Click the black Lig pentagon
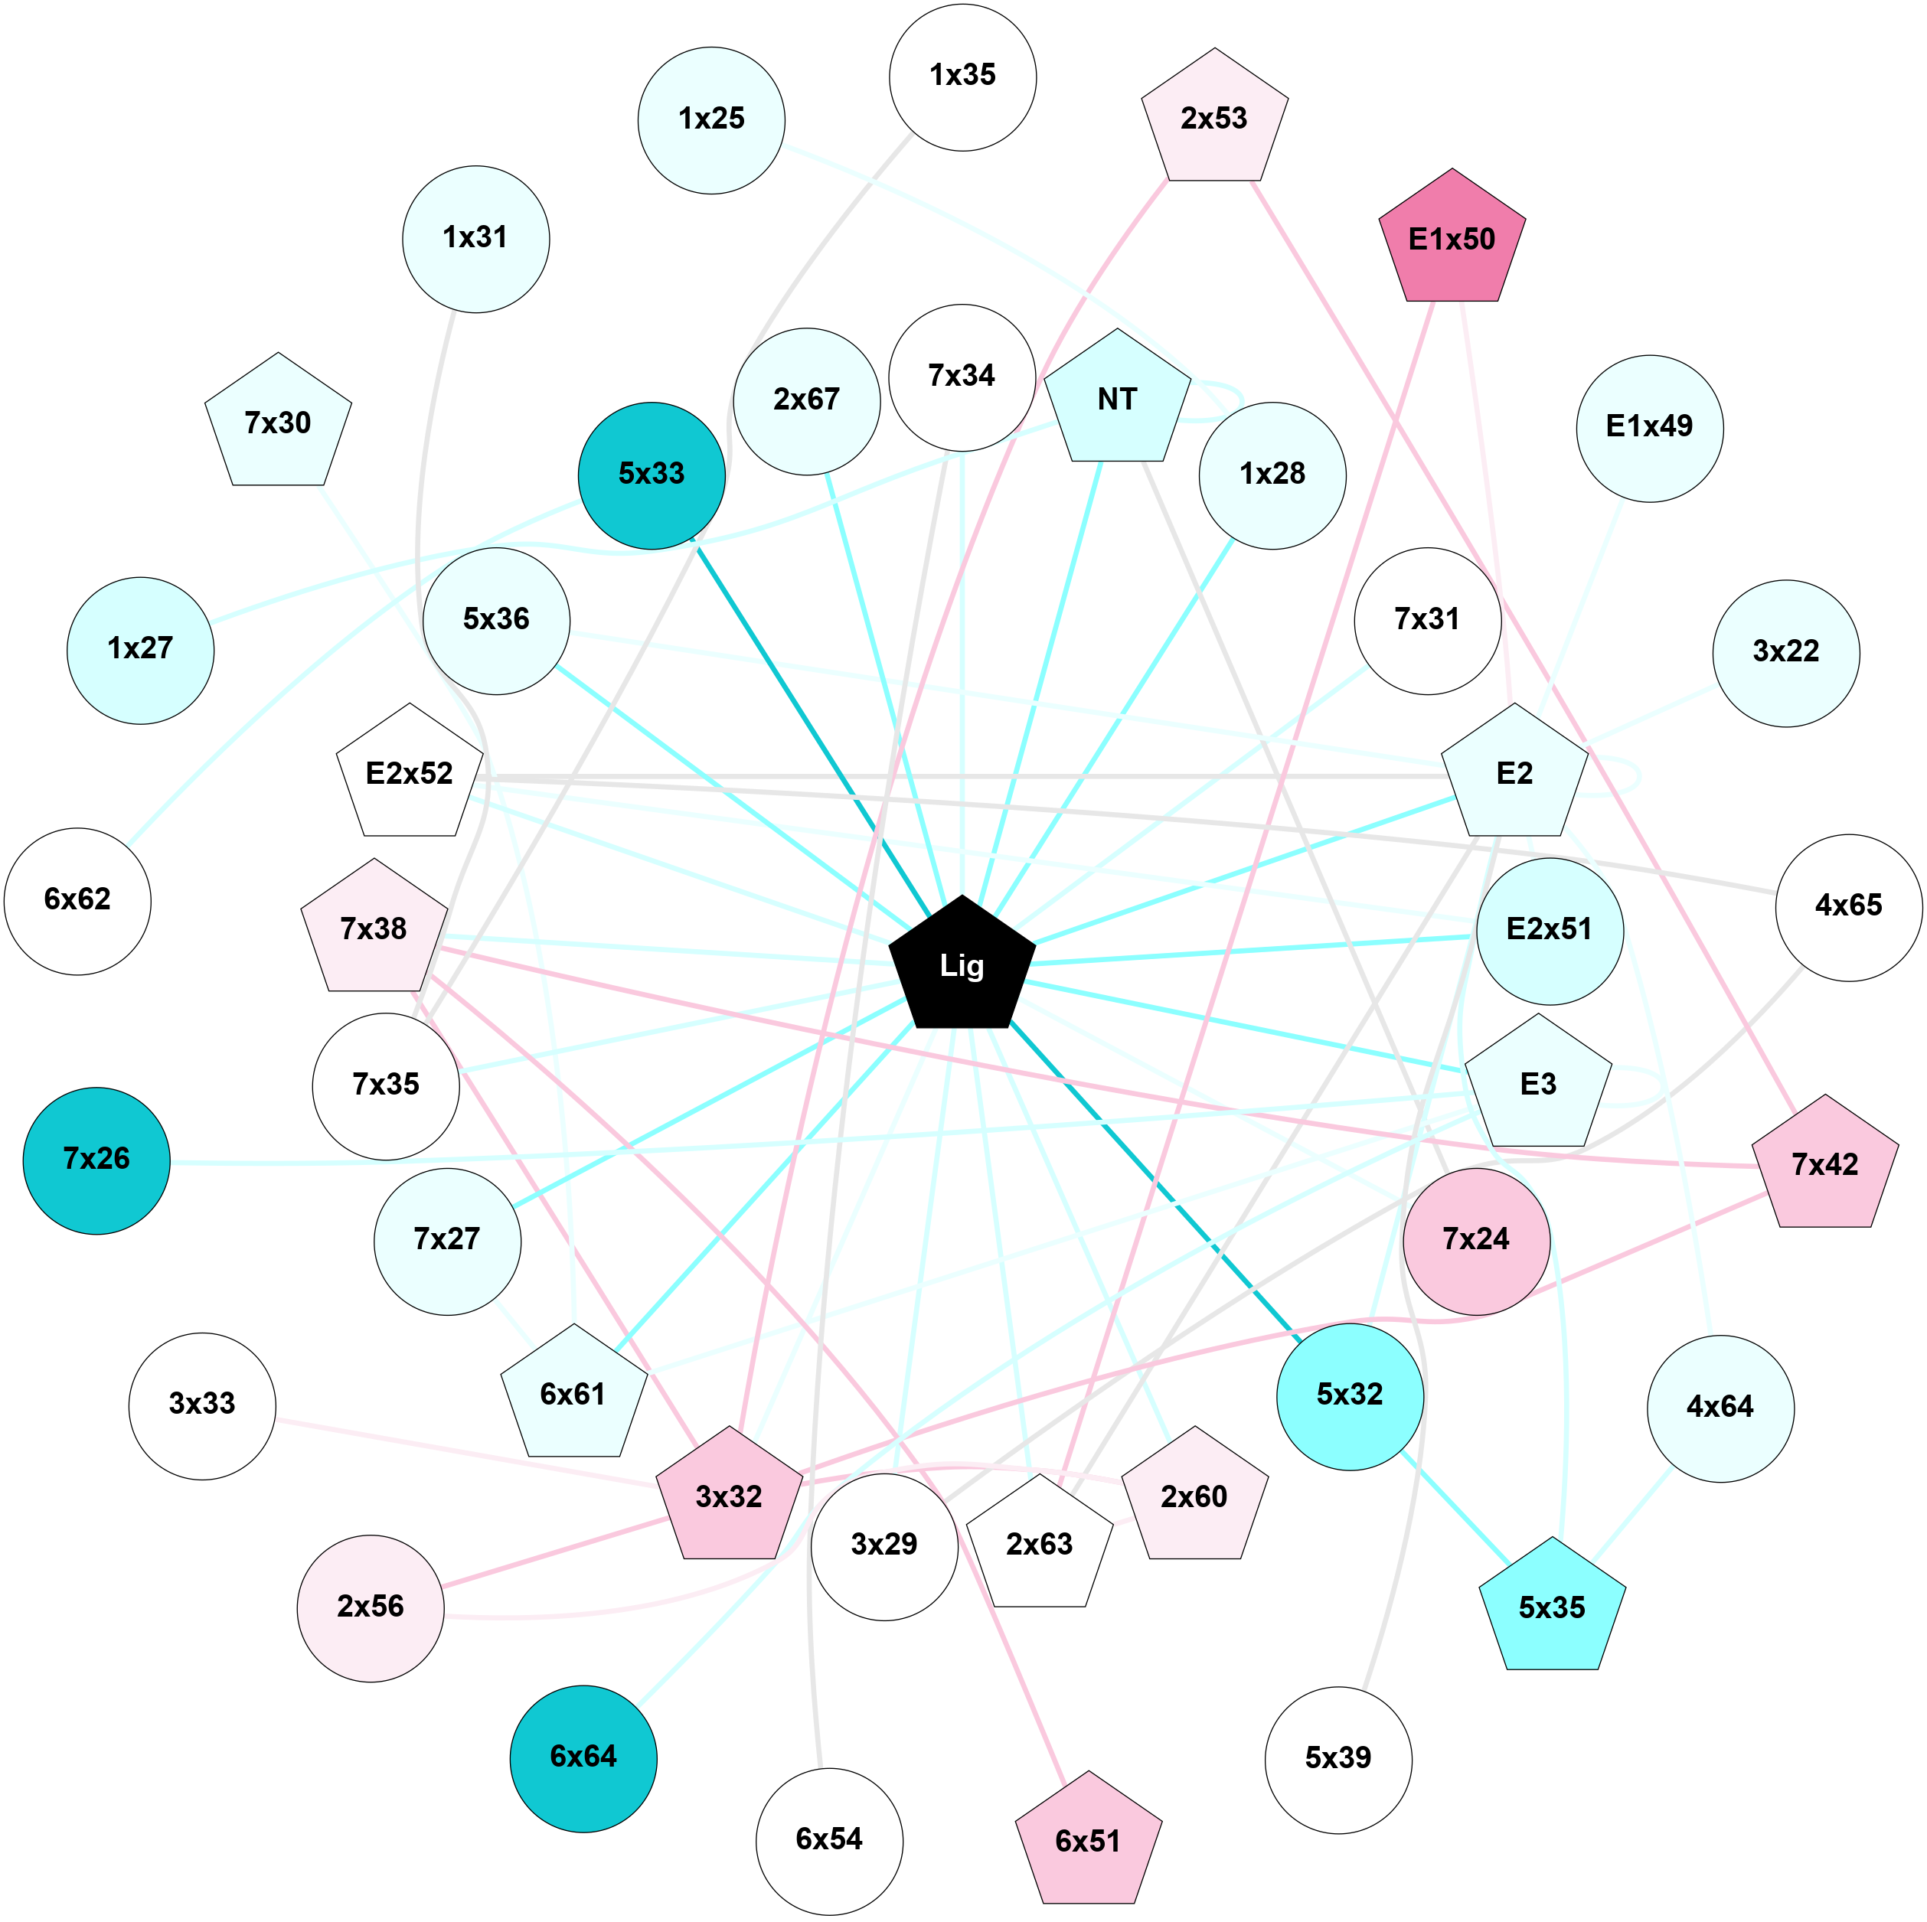962,965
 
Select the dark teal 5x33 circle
652,476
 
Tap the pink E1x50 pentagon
1452,240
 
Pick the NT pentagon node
1117,400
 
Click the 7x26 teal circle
96,1160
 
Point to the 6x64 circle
583,1758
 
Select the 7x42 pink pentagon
1824,1165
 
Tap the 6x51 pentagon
1088,1841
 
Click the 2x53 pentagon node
1214,119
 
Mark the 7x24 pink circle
1476,1241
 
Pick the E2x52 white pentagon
410,775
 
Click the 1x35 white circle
962,77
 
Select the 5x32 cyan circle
1350,1396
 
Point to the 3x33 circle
202,1405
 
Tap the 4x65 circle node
1848,906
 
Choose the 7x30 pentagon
278,424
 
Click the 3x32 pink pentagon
729,1497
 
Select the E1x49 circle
1649,428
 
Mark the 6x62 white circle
78,901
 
